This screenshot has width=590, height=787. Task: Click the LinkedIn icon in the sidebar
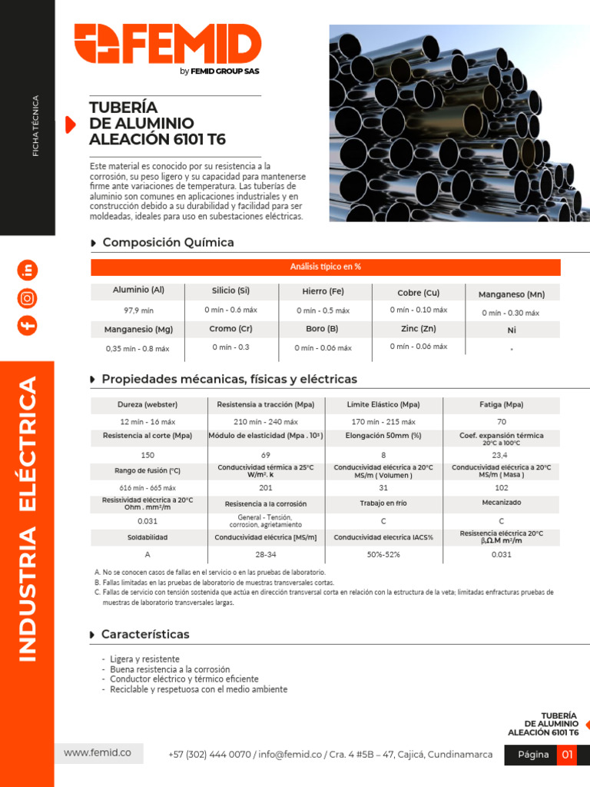click(28, 270)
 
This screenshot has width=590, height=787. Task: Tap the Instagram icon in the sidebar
click(28, 299)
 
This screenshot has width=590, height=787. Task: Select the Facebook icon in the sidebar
click(28, 326)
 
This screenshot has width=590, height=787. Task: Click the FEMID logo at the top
click(167, 49)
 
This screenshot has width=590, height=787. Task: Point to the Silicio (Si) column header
click(230, 291)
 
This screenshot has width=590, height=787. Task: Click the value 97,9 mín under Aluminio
click(138, 310)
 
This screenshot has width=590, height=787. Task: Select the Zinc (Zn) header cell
click(419, 329)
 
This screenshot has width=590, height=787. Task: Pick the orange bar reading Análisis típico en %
click(326, 267)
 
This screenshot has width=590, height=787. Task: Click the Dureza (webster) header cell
click(147, 404)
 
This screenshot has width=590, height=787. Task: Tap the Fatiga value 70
click(502, 422)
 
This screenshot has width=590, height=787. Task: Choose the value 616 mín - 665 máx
click(147, 488)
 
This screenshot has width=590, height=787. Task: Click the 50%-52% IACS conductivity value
click(383, 555)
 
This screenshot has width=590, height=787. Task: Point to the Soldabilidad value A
click(147, 555)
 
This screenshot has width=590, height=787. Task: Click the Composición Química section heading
click(168, 242)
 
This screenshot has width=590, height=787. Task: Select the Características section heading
click(145, 634)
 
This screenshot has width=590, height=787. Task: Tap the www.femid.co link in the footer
click(98, 753)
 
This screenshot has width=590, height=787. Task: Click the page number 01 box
click(567, 755)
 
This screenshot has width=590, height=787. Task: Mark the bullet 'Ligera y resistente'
click(144, 659)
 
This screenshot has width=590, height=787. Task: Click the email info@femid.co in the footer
click(290, 755)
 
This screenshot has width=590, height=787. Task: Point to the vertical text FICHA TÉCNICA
click(35, 126)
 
